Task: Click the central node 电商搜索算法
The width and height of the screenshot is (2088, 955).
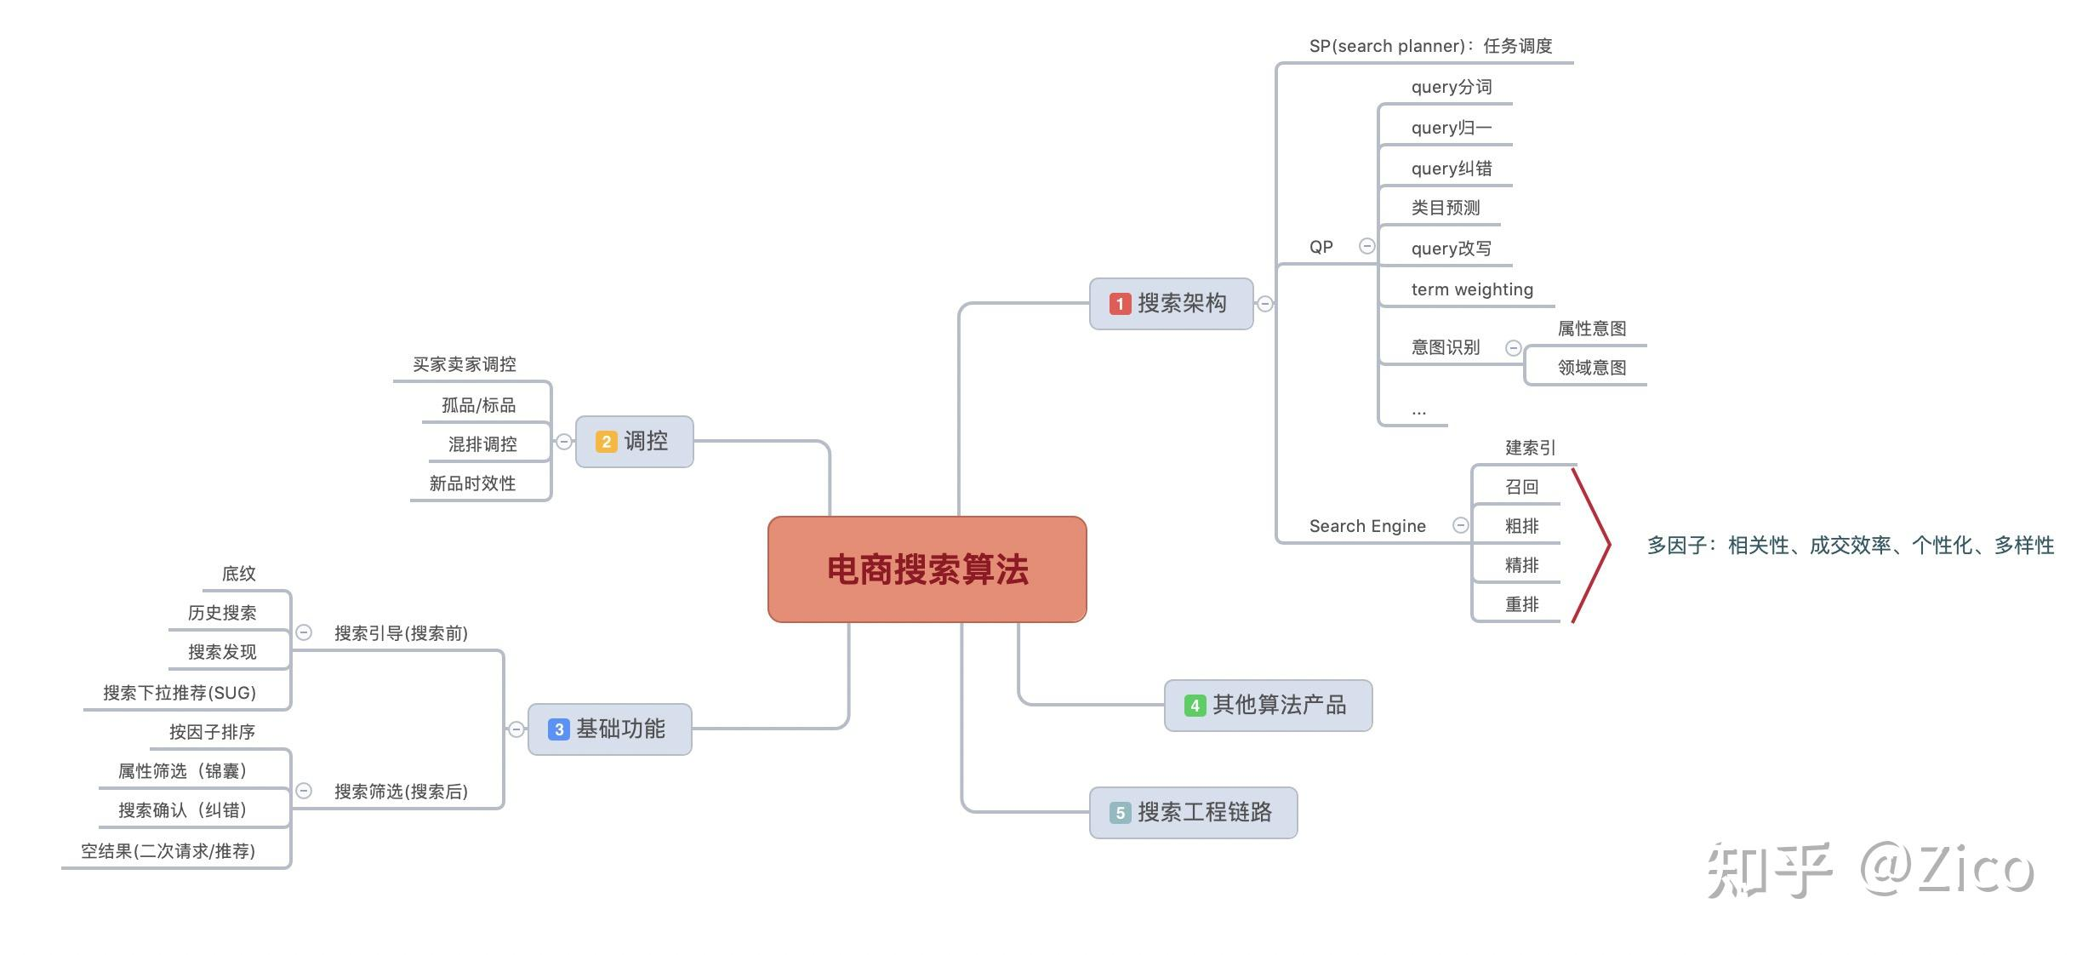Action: coord(927,569)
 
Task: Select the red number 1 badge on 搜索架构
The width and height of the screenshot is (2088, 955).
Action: coord(1120,304)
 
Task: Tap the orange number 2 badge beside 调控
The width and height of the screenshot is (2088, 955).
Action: coord(606,442)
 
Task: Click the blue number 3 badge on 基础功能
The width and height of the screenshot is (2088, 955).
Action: coord(558,729)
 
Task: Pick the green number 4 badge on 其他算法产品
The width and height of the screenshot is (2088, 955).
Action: coord(1195,706)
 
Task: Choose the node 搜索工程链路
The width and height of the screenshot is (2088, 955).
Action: coord(1204,812)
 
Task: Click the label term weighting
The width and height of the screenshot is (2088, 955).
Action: coord(1471,289)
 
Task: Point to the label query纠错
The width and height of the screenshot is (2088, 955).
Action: coord(1451,169)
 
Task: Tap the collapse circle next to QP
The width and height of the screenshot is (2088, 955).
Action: coord(1366,246)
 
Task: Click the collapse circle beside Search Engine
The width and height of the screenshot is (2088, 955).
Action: coord(1460,525)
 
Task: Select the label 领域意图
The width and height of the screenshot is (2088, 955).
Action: coord(1591,368)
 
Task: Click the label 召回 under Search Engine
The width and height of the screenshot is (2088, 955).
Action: coord(1521,487)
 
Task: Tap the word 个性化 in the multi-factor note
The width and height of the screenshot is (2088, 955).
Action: coord(1942,546)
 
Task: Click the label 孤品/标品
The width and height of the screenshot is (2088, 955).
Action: coord(478,405)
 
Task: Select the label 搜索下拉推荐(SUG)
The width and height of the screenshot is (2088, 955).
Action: coord(180,693)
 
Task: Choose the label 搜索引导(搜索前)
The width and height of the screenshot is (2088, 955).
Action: coord(401,633)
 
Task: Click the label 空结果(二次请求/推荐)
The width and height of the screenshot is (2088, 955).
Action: coord(168,851)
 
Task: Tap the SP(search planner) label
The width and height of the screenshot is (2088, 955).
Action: coord(1387,46)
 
